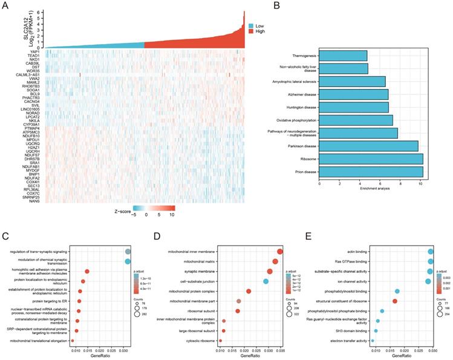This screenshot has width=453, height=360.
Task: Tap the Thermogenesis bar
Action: click(x=342, y=56)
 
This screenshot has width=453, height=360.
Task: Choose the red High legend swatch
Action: click(x=251, y=36)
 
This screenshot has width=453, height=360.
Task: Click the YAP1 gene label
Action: click(x=35, y=52)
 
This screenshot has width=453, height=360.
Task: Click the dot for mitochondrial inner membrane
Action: click(x=280, y=252)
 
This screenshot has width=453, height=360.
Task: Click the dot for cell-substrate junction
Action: click(x=266, y=281)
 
